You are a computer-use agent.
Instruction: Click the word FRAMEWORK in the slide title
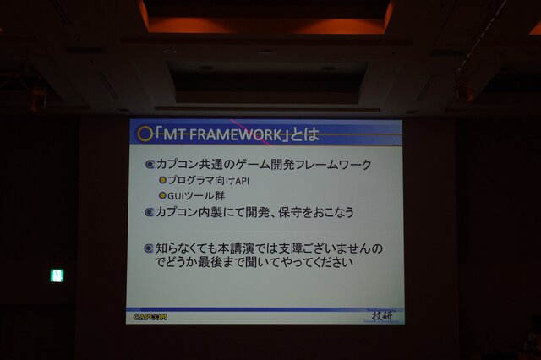pyautogui.click(x=243, y=134)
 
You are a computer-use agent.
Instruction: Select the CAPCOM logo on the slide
pyautogui.click(x=150, y=317)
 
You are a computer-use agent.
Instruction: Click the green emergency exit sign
pyautogui.click(x=57, y=275)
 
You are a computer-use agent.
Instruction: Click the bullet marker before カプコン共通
pyautogui.click(x=150, y=163)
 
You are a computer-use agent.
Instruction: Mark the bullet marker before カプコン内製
pyautogui.click(x=150, y=212)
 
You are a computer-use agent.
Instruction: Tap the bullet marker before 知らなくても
pyautogui.click(x=150, y=248)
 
